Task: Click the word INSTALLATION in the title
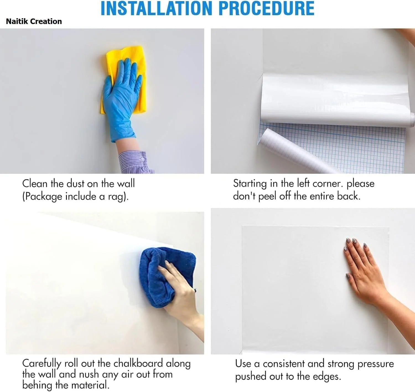156,9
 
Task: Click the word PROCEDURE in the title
266,9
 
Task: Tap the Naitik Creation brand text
34,21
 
